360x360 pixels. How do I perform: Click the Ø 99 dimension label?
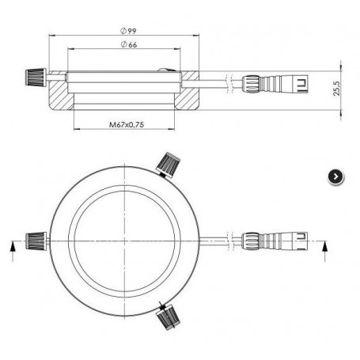(x=128, y=31)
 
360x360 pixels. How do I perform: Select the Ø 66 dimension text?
(x=129, y=44)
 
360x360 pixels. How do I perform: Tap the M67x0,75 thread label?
(x=127, y=124)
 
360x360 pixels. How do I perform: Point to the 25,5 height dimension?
(x=336, y=88)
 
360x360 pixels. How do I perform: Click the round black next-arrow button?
(x=335, y=176)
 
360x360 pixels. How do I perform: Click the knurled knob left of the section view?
(x=36, y=78)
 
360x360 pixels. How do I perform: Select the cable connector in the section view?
(x=275, y=84)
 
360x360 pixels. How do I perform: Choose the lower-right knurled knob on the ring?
(x=168, y=316)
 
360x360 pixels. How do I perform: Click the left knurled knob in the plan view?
(x=36, y=241)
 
